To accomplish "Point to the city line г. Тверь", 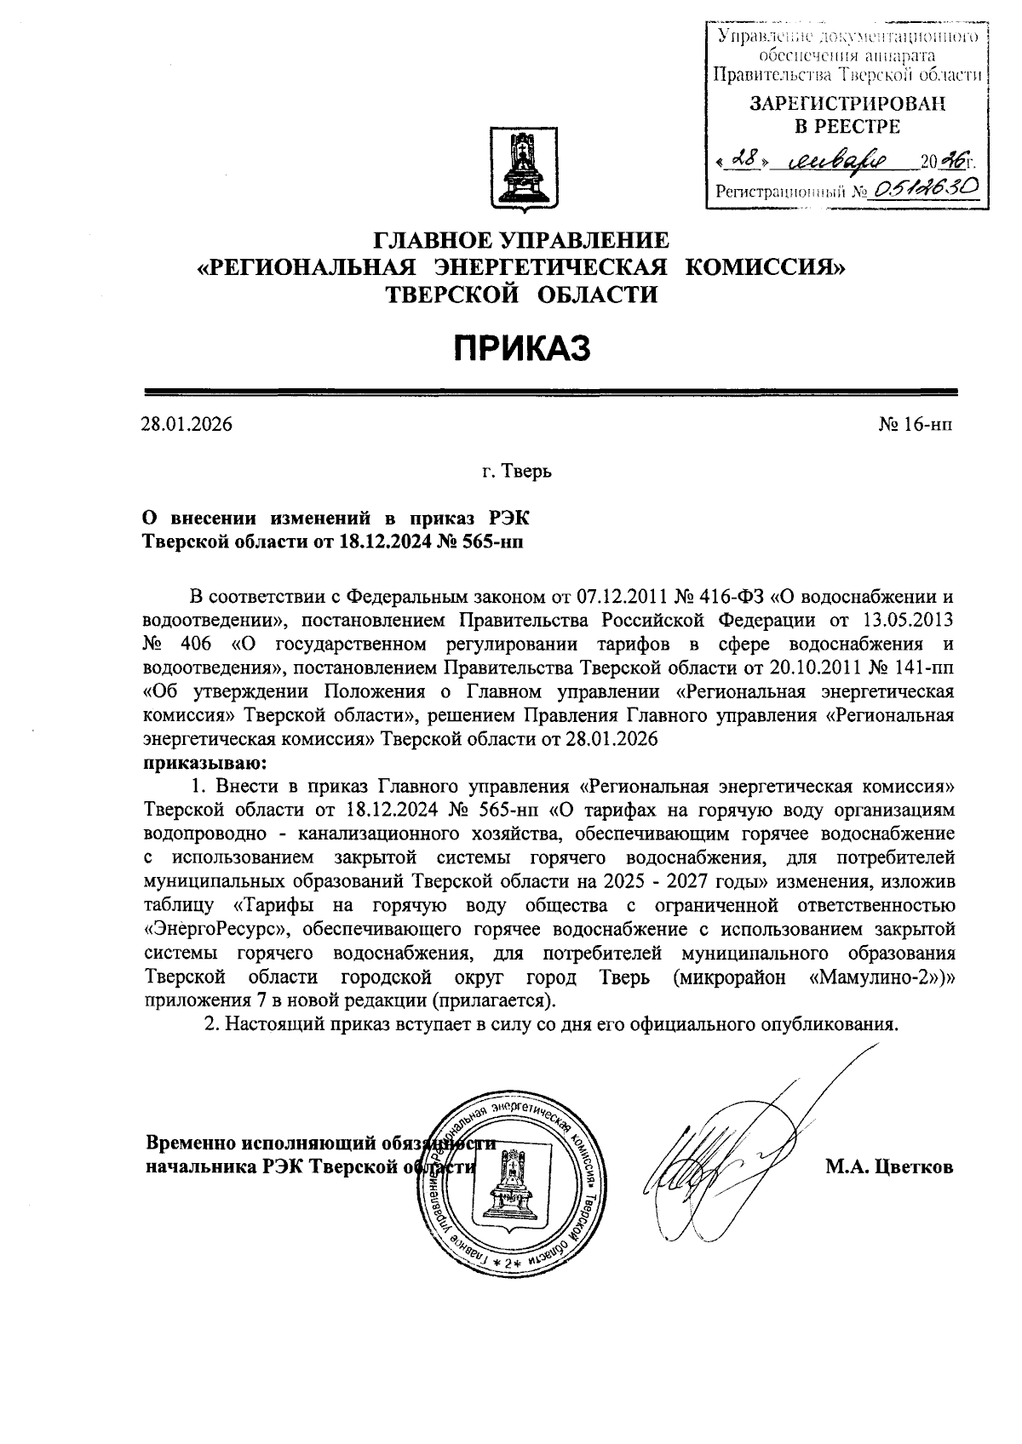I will (516, 471).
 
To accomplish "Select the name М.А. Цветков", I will (889, 1166).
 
